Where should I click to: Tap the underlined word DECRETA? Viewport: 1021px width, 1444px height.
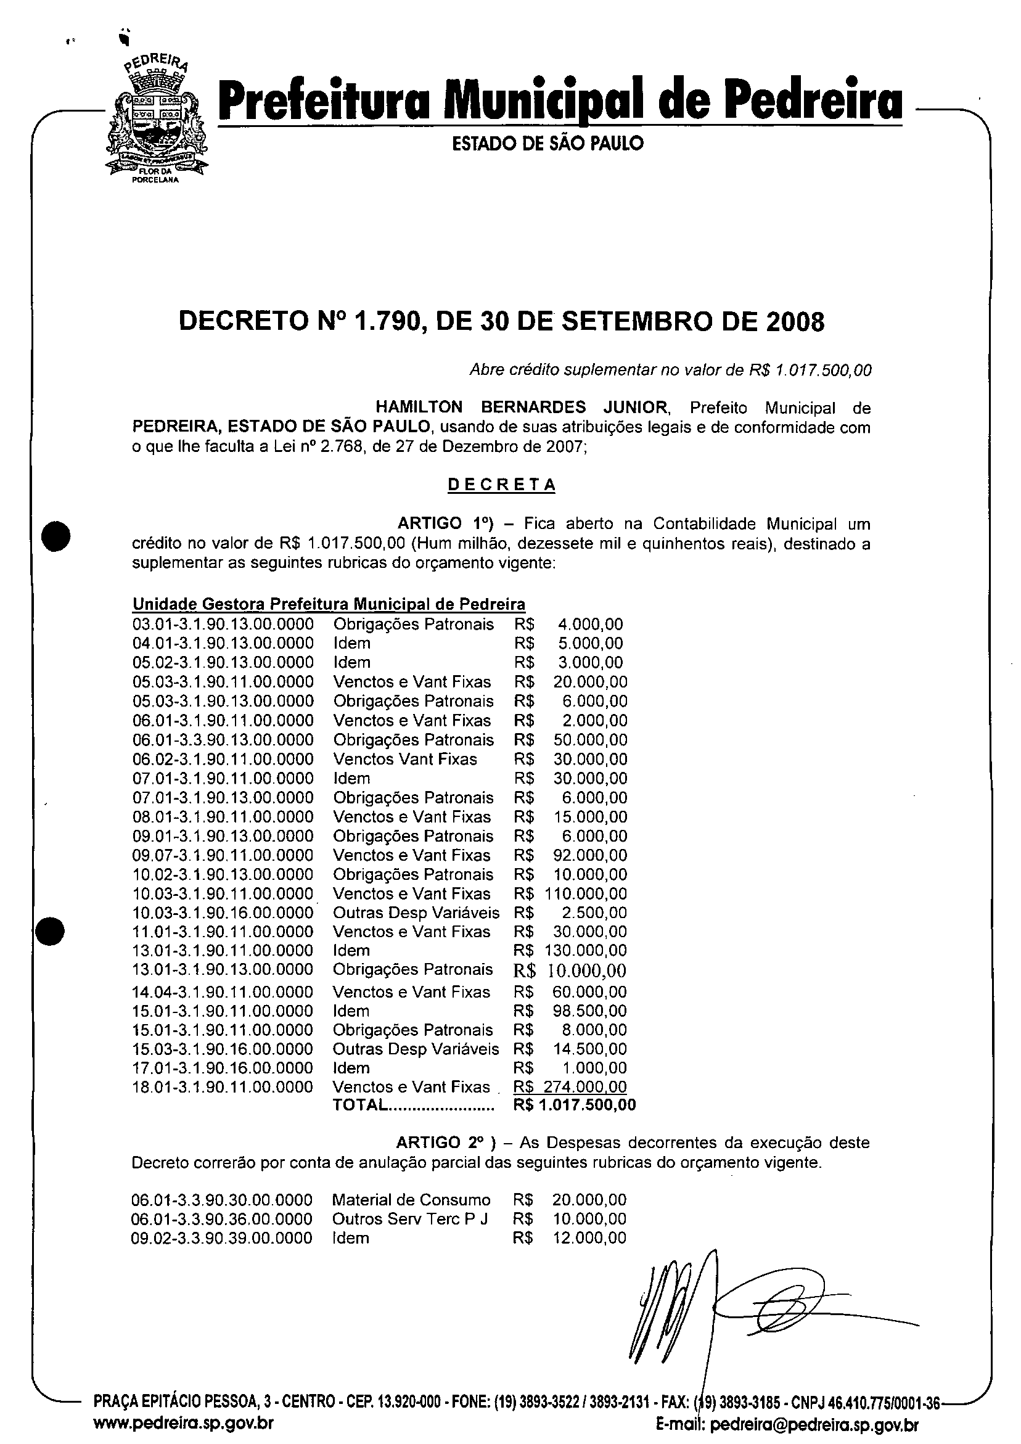[501, 485]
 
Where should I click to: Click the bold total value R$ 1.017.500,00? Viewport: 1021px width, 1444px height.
[575, 1105]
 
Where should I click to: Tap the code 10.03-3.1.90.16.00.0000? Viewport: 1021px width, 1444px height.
[223, 913]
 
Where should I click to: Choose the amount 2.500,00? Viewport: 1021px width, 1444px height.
[594, 913]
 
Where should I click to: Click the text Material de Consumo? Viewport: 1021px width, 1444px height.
[411, 1200]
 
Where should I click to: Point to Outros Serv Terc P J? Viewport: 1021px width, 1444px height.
[409, 1219]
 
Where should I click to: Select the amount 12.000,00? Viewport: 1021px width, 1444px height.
[589, 1237]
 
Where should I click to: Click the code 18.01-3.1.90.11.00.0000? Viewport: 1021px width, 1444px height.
[223, 1087]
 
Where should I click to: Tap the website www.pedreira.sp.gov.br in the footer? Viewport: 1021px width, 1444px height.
[183, 1422]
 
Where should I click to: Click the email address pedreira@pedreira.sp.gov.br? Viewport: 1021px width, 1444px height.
[813, 1424]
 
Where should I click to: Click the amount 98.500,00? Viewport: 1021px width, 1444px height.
[590, 1011]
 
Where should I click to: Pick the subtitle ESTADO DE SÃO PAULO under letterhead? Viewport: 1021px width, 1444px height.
[547, 144]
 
